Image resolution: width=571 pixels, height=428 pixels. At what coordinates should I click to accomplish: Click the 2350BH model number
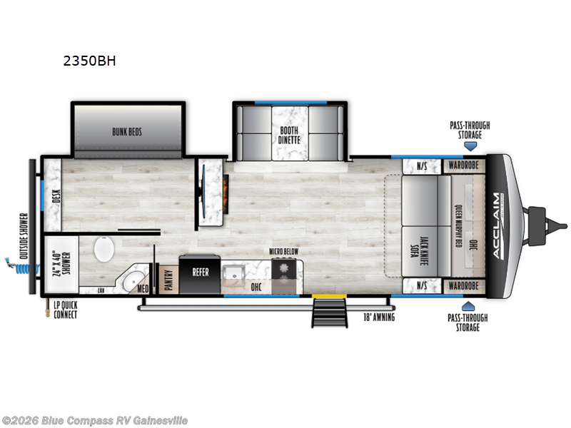click(89, 61)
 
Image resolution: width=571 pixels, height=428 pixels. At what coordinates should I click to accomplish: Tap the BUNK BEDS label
click(129, 131)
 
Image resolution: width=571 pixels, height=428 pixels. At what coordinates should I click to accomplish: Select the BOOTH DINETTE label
click(290, 134)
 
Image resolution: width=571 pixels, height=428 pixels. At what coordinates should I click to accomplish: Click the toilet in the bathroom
click(105, 252)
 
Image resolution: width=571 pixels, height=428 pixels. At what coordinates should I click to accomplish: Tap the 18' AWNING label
click(378, 317)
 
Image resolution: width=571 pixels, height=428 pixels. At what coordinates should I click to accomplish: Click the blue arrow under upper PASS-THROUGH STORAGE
click(470, 146)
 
